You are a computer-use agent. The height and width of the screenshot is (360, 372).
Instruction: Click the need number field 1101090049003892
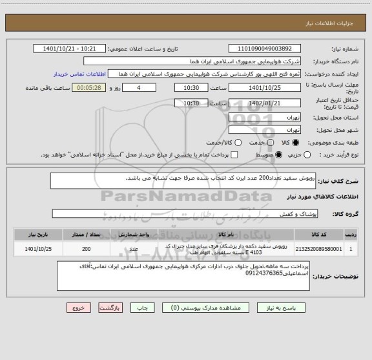pos(265,48)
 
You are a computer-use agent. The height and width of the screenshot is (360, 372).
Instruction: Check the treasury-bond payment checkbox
pos(234,155)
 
